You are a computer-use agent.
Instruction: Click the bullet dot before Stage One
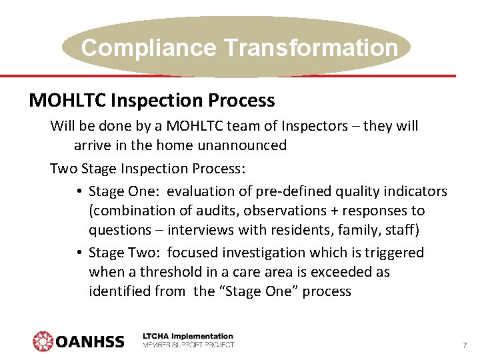point(79,192)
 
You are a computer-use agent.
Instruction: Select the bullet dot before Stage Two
point(79,253)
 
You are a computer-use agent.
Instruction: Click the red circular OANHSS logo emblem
point(43,341)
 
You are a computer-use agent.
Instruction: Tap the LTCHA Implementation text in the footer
point(189,337)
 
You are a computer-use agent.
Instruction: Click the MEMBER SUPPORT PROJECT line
point(189,345)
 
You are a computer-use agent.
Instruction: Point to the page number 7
point(464,345)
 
